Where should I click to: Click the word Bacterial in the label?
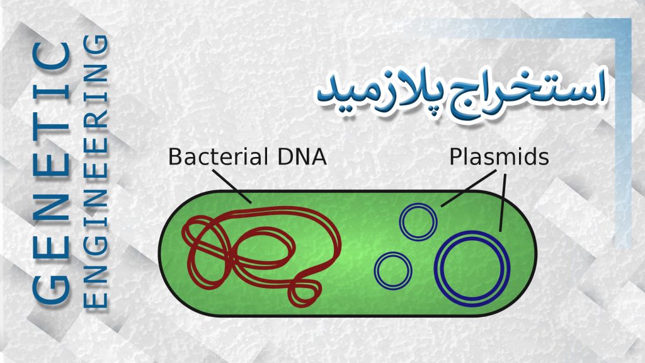pyautogui.click(x=218, y=156)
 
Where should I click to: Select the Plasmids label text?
pyautogui.click(x=499, y=157)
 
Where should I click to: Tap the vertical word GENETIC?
pyautogui.click(x=50, y=173)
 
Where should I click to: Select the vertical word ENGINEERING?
pyautogui.click(x=96, y=171)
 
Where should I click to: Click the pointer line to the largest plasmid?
pyautogui.click(x=503, y=202)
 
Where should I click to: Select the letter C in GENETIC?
pyautogui.click(x=50, y=56)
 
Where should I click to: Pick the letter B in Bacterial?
pyautogui.click(x=175, y=157)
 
